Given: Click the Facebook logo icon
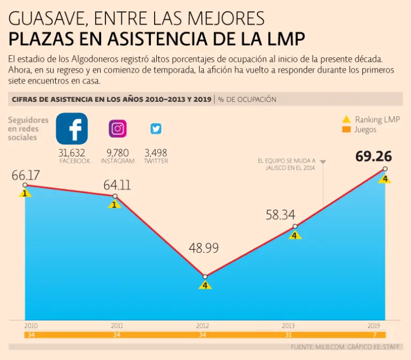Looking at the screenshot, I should (x=72, y=129).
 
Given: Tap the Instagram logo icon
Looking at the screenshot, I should (x=118, y=129).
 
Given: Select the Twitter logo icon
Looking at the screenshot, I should (x=156, y=129).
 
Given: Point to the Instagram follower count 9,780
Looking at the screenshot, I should (x=118, y=153).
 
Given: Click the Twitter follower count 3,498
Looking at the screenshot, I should (x=156, y=153).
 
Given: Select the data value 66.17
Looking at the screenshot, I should (x=26, y=175).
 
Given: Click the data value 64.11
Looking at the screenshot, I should (x=117, y=185).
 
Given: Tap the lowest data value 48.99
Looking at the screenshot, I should (x=203, y=249).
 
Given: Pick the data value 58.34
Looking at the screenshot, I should (x=280, y=215).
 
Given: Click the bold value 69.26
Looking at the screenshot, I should (x=374, y=156).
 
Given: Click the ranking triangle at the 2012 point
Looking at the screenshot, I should (x=205, y=285).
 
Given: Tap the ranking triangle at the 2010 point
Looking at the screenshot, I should (x=25, y=193).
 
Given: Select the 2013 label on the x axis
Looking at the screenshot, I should (x=288, y=326).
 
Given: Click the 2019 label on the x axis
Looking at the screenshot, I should (x=374, y=326).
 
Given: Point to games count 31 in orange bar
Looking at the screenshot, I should (x=288, y=335).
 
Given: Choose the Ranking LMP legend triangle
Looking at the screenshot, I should (x=346, y=119).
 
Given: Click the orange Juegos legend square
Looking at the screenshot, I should (x=346, y=130).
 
